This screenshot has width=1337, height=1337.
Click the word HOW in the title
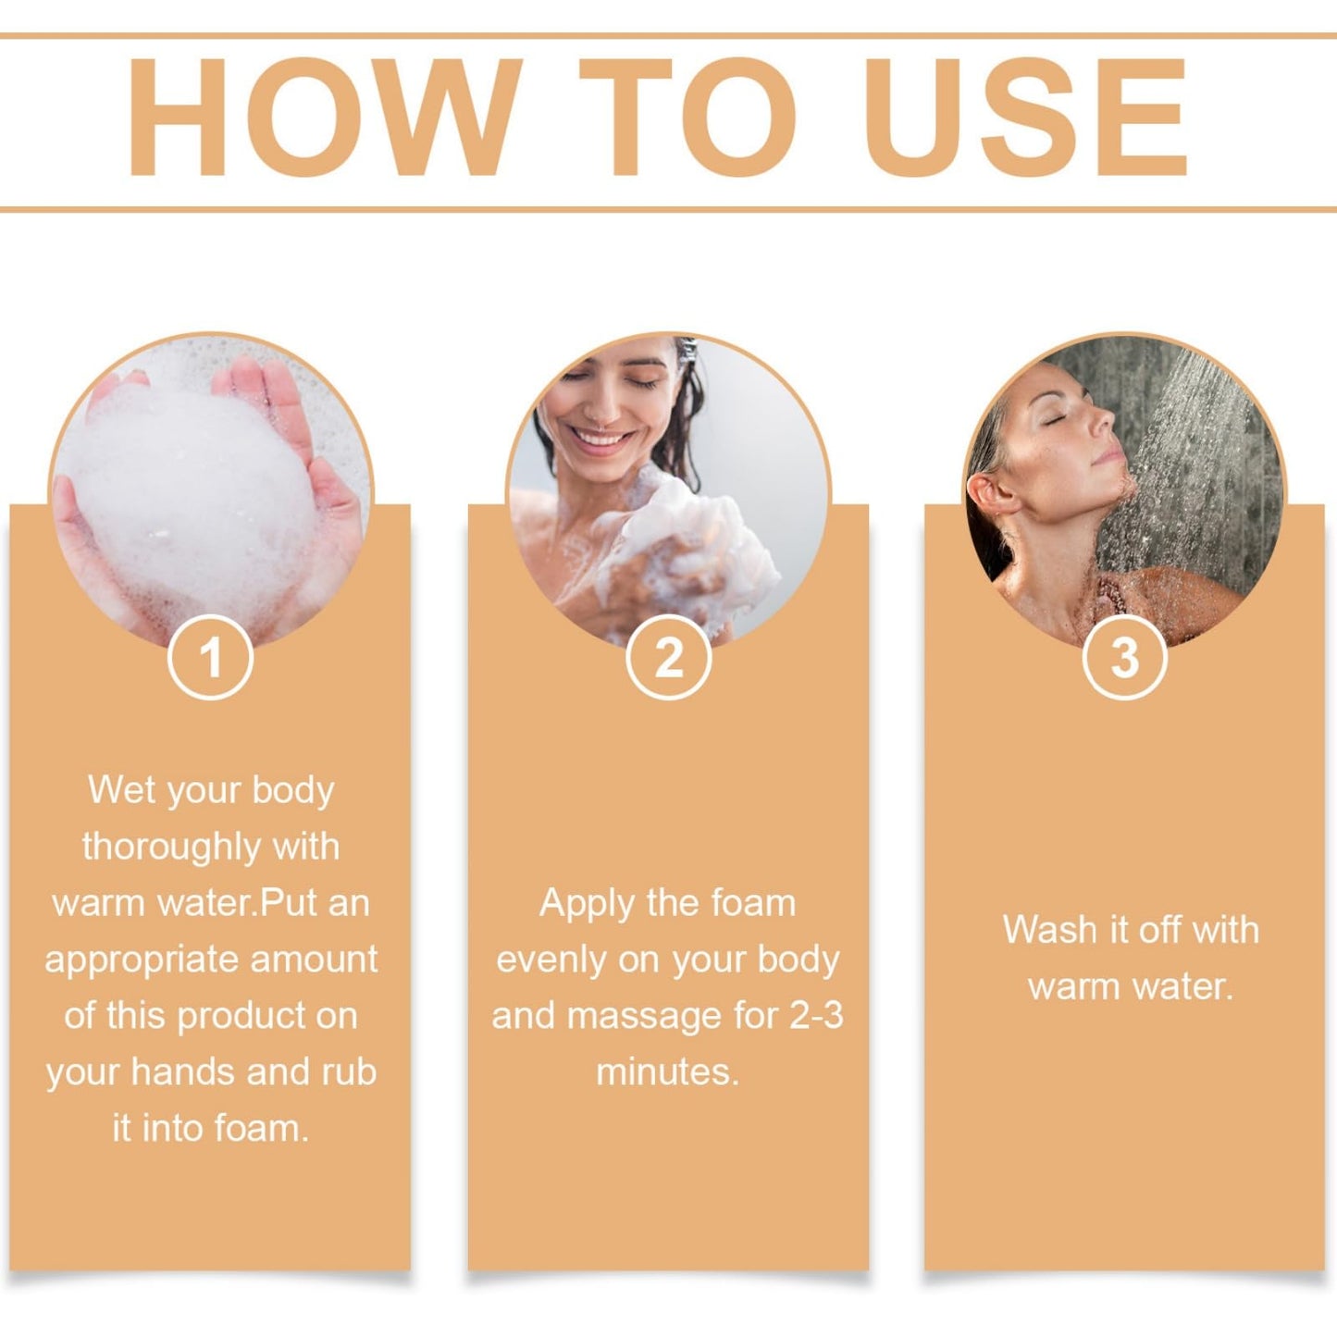325,118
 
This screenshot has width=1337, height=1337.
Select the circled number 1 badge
210,657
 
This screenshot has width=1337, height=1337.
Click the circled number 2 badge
668,657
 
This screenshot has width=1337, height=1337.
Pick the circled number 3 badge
1125,657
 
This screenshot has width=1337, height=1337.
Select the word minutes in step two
667,1072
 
